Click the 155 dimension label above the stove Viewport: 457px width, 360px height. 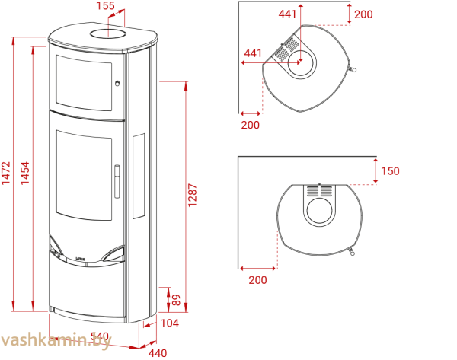(x=107, y=6)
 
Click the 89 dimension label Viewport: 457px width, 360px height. (x=176, y=300)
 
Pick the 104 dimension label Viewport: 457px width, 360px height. (x=171, y=323)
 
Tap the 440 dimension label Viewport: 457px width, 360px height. (x=157, y=352)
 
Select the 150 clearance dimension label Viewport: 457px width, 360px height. (x=390, y=171)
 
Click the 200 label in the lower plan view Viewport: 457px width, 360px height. (x=258, y=279)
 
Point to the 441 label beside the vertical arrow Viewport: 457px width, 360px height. (x=287, y=14)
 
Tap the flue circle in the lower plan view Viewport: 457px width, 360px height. (x=319, y=210)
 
